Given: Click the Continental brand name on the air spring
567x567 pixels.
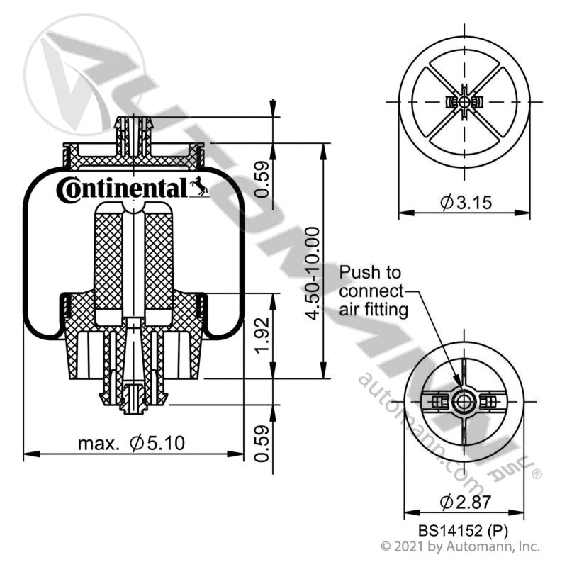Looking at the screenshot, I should coord(122,189).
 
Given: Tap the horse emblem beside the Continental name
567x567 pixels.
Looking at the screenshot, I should coord(199,186).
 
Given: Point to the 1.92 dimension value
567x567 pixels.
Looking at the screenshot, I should coord(262,335).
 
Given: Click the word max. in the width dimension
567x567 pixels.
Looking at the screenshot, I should coord(99,444).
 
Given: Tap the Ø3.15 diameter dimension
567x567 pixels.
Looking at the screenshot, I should coord(466,203).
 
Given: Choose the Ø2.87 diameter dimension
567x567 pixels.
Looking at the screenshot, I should coord(466,502).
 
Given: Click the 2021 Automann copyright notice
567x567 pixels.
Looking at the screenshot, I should coord(461,546).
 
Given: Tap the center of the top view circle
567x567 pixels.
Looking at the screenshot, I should coord(464,103).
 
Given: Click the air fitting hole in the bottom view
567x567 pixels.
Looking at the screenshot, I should coord(464,402).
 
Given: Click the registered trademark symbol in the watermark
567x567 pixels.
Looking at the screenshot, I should coord(537,473).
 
